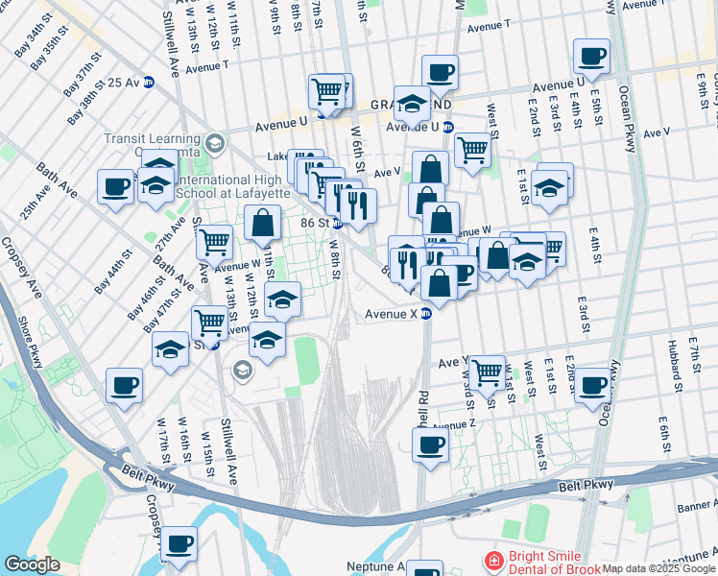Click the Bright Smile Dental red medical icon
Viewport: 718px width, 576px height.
(492, 561)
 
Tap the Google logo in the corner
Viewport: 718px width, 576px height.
(32, 564)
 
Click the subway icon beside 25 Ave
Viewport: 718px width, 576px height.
(149, 83)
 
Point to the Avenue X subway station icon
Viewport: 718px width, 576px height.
(426, 313)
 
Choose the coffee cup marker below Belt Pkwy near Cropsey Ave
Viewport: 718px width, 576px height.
(179, 543)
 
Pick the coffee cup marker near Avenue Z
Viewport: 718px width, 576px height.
(431, 444)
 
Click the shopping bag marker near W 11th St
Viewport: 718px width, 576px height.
(262, 224)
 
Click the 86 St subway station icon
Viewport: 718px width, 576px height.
(337, 224)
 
